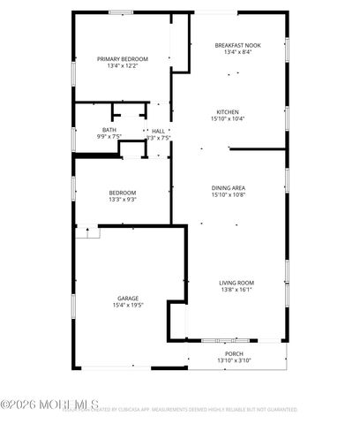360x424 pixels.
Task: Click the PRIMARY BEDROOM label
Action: point(123,58)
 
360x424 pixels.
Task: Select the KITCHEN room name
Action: point(227,111)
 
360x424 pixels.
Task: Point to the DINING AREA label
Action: point(228,187)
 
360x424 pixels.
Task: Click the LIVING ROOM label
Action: point(236,283)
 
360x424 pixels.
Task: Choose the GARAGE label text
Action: point(128,298)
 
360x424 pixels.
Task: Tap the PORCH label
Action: point(234,353)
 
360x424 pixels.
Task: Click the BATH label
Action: point(109,130)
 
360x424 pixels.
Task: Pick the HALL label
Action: point(159,131)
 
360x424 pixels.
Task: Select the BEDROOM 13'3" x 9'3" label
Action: point(123,193)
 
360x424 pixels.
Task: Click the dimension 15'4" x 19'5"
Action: point(128,305)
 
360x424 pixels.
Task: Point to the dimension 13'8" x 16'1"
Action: point(236,290)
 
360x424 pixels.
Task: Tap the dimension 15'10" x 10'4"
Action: point(227,118)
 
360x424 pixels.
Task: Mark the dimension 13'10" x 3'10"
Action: point(234,360)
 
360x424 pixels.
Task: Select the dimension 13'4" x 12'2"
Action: point(123,65)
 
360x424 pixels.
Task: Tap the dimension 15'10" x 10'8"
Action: point(228,194)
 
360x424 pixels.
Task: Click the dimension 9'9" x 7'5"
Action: point(109,137)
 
